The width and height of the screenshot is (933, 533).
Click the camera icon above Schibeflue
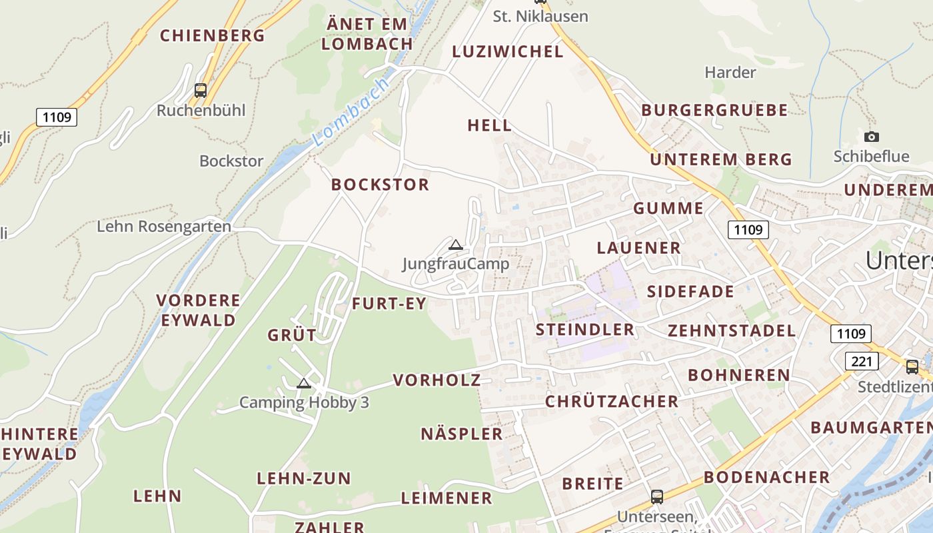click(871, 137)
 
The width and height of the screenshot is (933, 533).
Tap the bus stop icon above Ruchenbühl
click(201, 90)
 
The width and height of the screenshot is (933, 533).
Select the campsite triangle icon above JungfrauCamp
click(456, 245)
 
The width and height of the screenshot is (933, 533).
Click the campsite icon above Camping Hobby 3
click(304, 383)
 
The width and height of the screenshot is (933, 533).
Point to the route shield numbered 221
click(861, 361)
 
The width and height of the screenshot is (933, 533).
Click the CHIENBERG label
click(213, 35)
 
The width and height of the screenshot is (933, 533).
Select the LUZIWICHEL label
click(508, 52)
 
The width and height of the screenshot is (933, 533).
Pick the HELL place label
click(490, 125)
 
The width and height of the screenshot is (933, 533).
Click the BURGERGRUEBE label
click(714, 111)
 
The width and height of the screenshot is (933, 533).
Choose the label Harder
click(730, 72)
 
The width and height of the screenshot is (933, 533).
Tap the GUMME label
click(668, 209)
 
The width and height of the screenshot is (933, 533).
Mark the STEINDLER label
click(585, 330)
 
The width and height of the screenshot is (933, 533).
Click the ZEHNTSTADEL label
click(732, 331)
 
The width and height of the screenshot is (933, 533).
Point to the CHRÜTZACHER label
click(612, 402)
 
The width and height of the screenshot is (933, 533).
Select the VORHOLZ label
click(437, 380)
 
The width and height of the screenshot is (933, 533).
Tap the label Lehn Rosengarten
click(164, 227)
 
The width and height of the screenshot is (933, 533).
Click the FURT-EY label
click(389, 304)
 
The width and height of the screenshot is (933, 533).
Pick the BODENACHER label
click(766, 477)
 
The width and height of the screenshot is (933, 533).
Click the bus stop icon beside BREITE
click(657, 496)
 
